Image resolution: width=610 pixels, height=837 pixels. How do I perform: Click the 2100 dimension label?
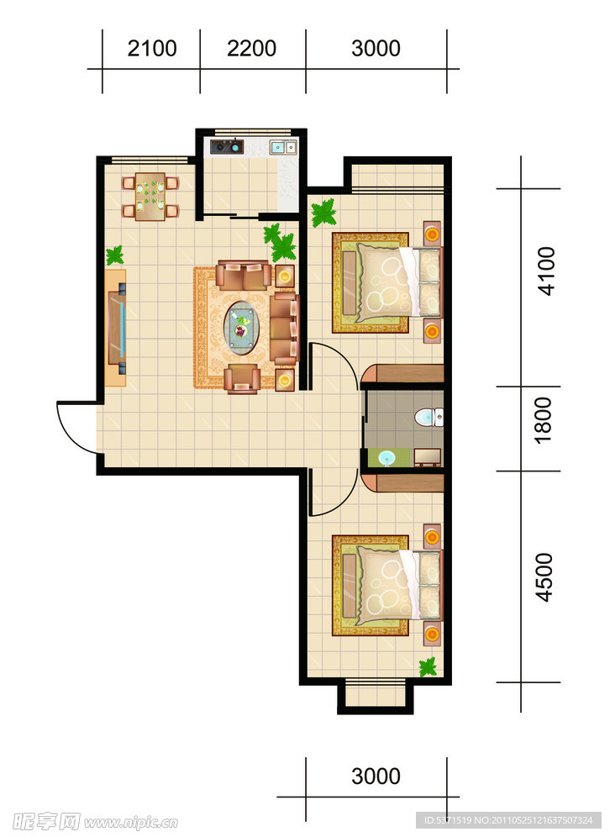(152, 49)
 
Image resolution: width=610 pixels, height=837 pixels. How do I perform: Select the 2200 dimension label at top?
(251, 49)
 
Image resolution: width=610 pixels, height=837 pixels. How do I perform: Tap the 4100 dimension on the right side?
(546, 271)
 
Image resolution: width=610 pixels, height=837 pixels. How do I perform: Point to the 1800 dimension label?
(544, 421)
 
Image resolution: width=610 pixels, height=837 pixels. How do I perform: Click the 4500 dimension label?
(544, 577)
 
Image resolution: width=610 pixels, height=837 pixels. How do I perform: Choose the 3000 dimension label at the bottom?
(376, 776)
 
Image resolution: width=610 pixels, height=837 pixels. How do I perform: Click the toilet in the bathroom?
(429, 417)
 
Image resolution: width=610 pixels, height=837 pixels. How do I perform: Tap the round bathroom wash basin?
(387, 458)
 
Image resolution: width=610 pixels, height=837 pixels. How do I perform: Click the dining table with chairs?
(150, 197)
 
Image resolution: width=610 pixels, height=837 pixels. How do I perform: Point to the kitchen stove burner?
(227, 146)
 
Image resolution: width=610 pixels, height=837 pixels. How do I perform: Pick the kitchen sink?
(283, 147)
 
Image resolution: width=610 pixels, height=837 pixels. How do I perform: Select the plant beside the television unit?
(115, 255)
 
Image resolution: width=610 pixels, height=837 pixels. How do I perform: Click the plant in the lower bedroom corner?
(428, 666)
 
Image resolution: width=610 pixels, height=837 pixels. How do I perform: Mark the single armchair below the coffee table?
(242, 379)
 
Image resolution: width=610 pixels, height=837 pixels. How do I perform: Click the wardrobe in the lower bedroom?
(403, 482)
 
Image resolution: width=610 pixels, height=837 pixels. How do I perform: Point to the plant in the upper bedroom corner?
(324, 213)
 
